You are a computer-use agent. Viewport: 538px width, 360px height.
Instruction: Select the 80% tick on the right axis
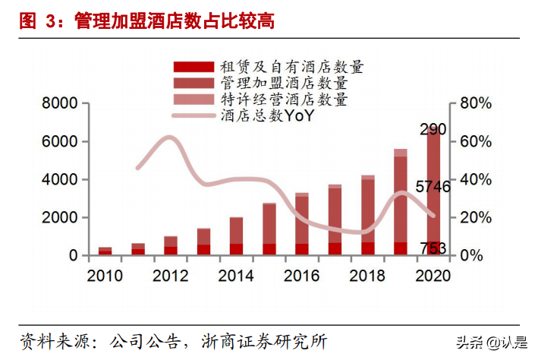pos(477,104)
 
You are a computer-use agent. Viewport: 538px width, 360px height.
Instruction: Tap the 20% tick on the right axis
pos(477,218)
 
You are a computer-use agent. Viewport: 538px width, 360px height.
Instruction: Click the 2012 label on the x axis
pos(171,275)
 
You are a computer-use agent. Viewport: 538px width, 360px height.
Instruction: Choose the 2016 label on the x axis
pos(302,275)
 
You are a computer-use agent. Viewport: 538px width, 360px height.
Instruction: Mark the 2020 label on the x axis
pos(433,275)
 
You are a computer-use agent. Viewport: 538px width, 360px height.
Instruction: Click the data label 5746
pos(433,187)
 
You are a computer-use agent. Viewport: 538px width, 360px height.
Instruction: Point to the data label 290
pos(433,128)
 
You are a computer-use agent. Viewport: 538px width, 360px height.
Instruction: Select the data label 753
pos(433,248)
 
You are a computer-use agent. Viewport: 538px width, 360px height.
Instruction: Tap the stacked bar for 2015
pos(269,228)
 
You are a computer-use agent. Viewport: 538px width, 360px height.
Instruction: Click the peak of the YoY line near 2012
pos(170,137)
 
